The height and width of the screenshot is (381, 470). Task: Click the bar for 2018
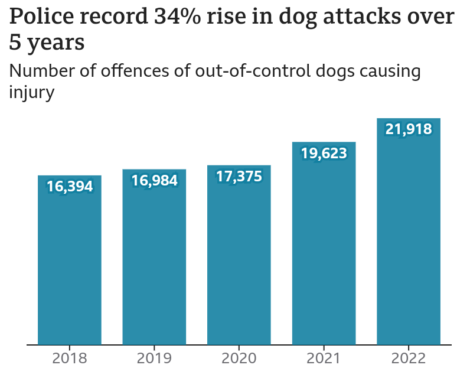70,266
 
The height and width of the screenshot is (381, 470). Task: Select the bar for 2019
154,263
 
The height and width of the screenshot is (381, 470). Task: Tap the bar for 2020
239,260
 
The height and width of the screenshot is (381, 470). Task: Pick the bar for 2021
324,248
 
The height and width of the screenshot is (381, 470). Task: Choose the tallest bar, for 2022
409,236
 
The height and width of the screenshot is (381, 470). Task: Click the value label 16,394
70,187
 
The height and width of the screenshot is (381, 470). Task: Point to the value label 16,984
154,181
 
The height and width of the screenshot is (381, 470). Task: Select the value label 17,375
239,177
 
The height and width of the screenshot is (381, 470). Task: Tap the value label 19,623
324,154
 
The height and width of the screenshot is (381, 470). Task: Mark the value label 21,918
409,129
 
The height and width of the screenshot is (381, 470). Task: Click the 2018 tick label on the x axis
70,358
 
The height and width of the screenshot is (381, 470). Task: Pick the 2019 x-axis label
154,358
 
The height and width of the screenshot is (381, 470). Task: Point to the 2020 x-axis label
239,358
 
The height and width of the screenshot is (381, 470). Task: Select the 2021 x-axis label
324,358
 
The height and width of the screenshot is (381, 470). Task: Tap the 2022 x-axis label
409,358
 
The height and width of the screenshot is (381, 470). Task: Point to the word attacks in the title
363,17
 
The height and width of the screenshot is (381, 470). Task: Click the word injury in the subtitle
32,92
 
